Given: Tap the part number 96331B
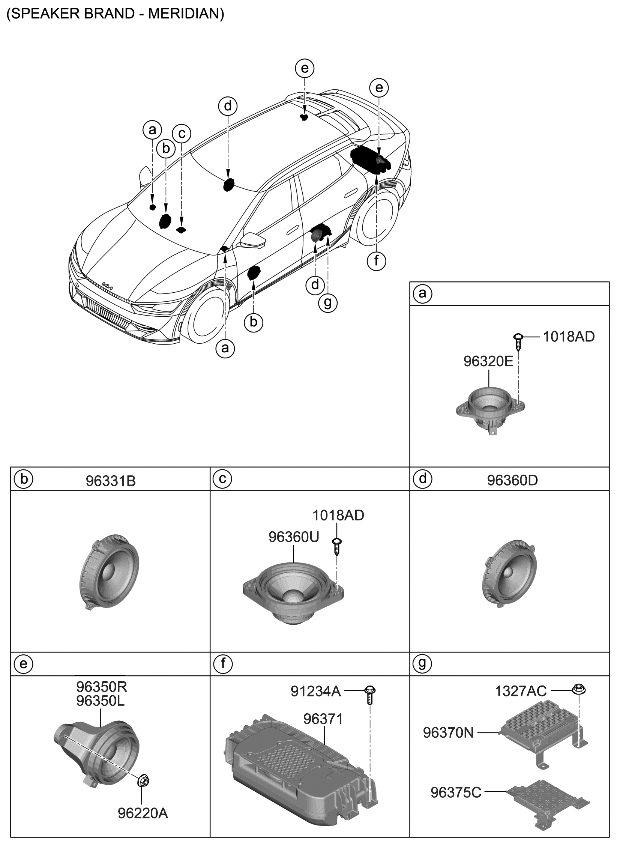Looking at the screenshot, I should (111, 480).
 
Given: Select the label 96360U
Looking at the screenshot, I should (293, 536).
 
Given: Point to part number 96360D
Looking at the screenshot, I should (512, 480).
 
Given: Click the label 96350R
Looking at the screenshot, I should (102, 687).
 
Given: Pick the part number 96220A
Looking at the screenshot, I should (142, 813).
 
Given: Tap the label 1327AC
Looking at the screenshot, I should (521, 689).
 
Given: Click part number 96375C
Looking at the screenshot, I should (456, 793).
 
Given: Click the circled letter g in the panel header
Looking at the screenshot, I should (423, 663).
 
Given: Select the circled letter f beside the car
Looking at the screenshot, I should (376, 262).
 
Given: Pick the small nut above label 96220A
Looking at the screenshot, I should (142, 779).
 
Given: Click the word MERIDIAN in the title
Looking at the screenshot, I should (178, 14).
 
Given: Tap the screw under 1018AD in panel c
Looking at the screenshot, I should (339, 544).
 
